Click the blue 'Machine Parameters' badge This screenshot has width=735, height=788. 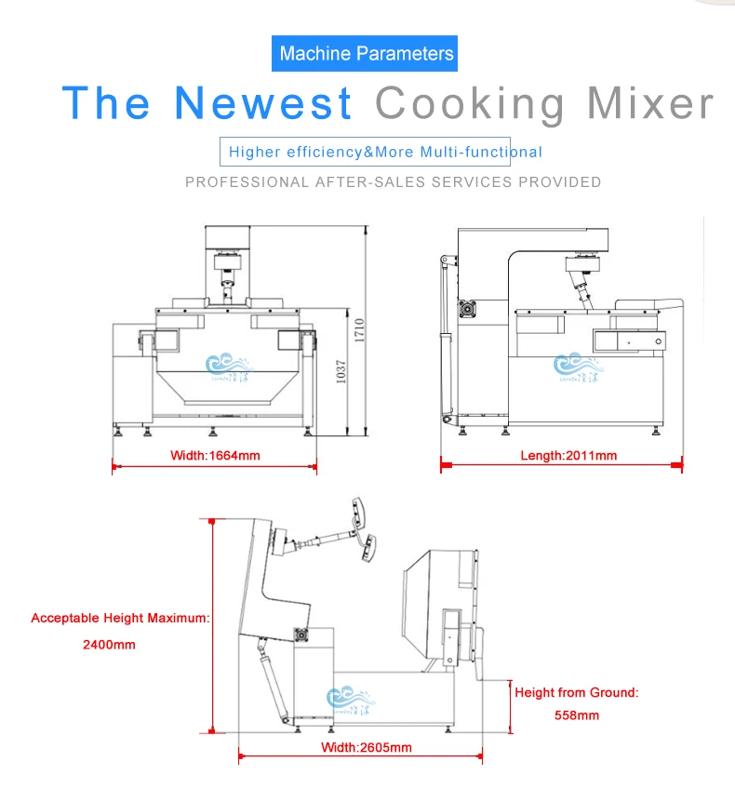(367, 53)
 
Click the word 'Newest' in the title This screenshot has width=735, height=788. (265, 102)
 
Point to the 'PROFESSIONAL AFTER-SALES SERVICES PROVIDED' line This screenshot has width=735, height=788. (393, 182)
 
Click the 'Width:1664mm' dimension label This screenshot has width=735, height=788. (215, 456)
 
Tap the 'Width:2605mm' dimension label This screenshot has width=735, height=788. (367, 747)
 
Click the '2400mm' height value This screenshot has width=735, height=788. (110, 644)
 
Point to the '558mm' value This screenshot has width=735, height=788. (575, 715)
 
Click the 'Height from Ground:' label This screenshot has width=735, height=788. (577, 692)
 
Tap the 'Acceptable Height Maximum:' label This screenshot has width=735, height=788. (120, 618)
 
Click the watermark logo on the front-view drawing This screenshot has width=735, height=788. (228, 366)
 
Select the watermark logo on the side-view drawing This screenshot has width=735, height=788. (577, 366)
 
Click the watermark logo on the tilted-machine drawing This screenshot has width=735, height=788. (351, 699)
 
